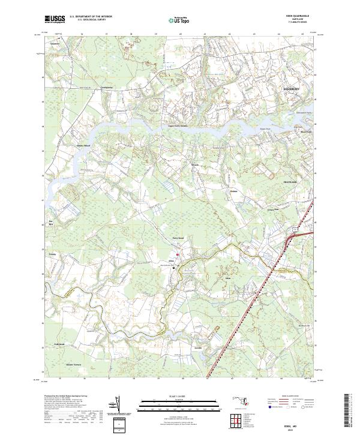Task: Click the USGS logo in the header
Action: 55,20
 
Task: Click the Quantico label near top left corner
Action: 56,43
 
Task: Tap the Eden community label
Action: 227,279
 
